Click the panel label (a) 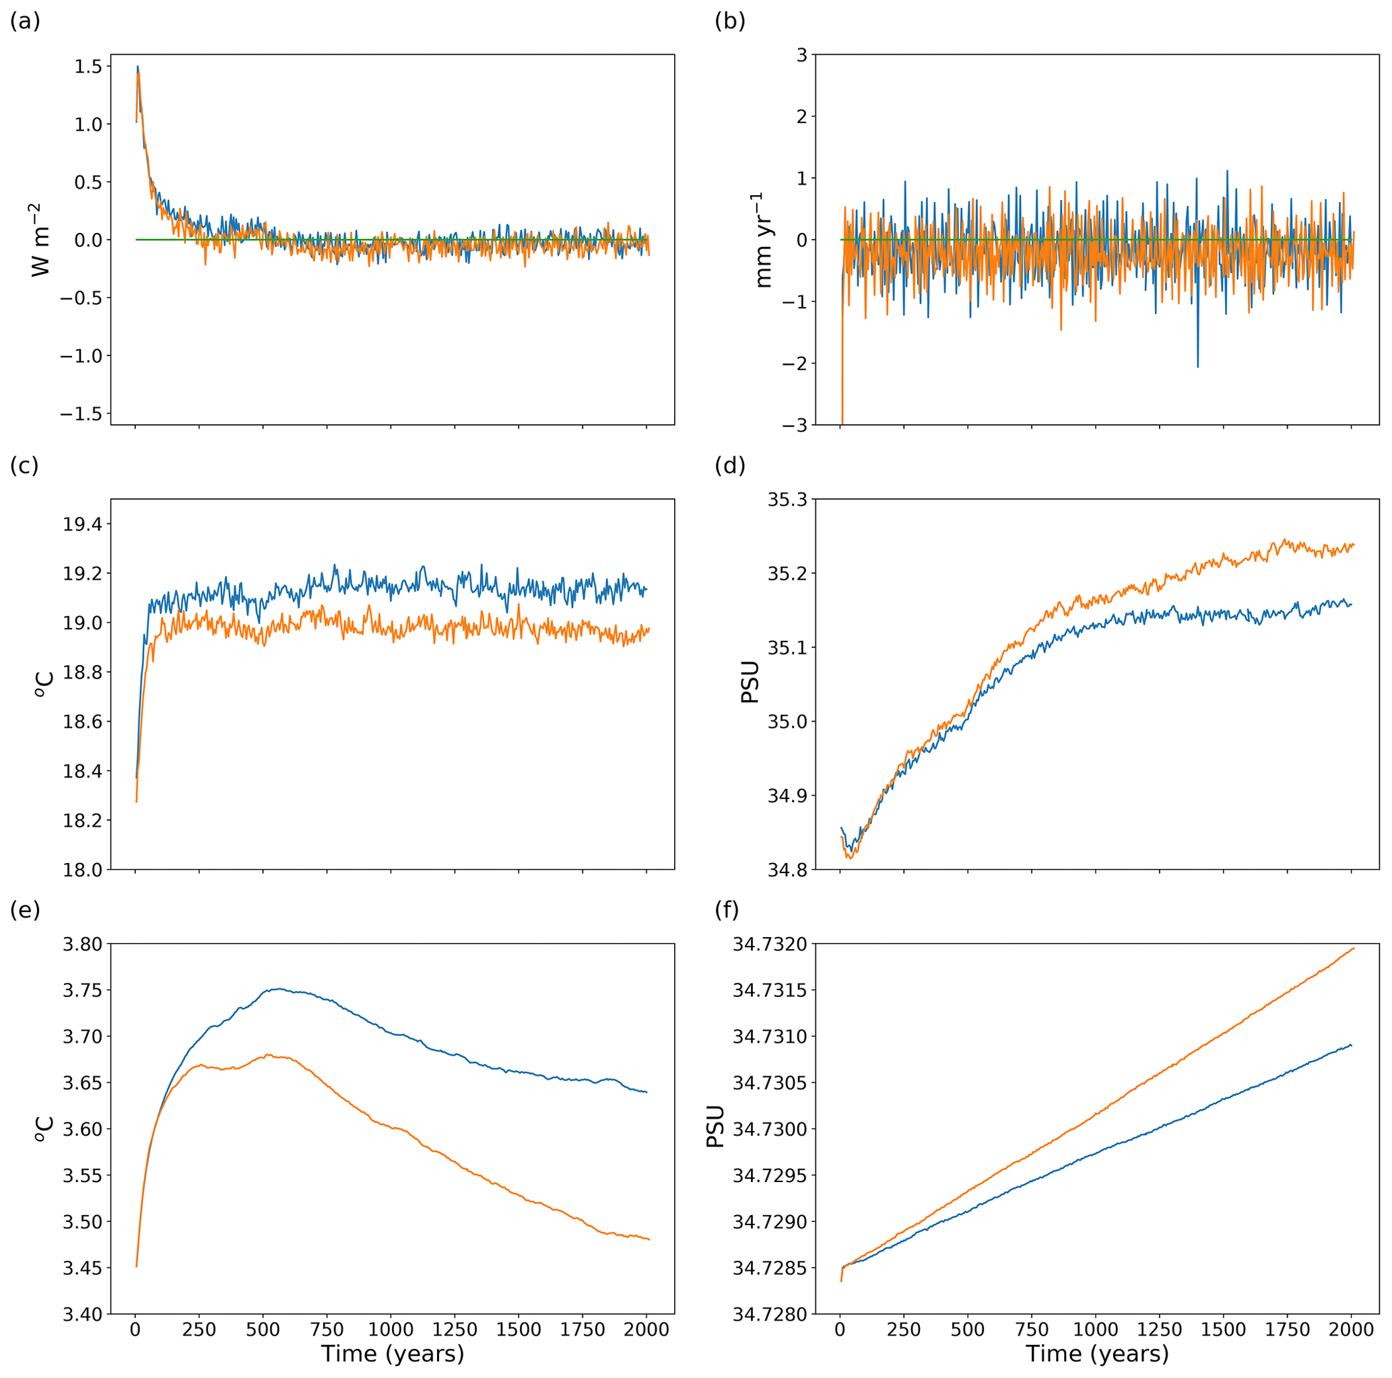click(x=24, y=22)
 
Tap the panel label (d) click(x=730, y=466)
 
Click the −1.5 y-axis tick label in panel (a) click(x=81, y=413)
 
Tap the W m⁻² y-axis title click(x=42, y=240)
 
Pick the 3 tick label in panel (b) click(x=801, y=54)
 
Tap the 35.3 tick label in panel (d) click(x=787, y=499)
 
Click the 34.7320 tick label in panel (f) click(x=770, y=944)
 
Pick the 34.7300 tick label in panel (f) click(x=770, y=1129)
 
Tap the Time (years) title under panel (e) click(x=392, y=1354)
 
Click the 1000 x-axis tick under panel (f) click(x=1095, y=1329)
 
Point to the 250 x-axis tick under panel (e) click(x=199, y=1329)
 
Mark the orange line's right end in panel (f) click(x=1354, y=949)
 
